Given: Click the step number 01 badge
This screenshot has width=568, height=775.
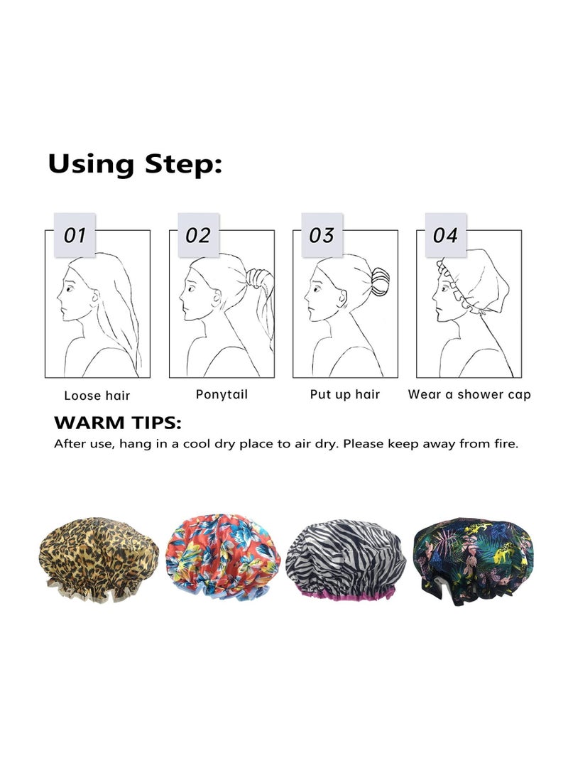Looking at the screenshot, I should coord(75,235).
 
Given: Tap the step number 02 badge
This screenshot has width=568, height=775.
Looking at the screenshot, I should coord(198,235).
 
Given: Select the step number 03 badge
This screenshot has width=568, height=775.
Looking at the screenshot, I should coord(322,235).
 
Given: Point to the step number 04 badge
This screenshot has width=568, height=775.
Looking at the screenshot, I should coord(445,235).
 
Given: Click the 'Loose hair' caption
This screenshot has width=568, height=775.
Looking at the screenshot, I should coord(97,396).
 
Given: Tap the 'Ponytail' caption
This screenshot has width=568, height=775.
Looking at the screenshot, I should coord(222,394).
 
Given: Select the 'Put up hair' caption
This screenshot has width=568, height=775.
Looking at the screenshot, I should coord(345,394).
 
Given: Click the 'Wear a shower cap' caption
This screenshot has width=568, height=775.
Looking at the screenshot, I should coord(469,394).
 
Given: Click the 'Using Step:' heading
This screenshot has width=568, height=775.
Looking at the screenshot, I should coord(135,164).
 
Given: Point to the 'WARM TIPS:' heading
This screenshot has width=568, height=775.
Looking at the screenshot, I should coord(118,424).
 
